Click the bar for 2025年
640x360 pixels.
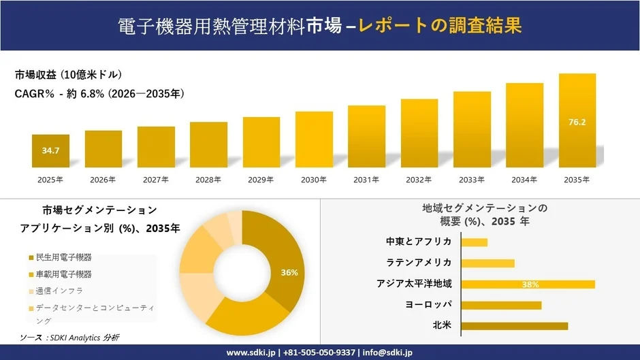[x=50, y=150]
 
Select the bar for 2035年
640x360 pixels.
[x=577, y=120]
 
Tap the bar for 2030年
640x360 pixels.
[x=314, y=140]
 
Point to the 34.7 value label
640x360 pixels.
[x=50, y=150]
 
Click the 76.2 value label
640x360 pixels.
[x=577, y=122]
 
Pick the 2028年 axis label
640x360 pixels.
[x=209, y=180]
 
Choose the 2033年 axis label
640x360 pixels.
[x=472, y=180]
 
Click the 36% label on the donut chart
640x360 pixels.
[x=289, y=272]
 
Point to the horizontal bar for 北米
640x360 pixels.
[x=514, y=326]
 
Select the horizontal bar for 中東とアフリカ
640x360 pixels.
[x=475, y=242]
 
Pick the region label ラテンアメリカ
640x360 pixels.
[x=419, y=263]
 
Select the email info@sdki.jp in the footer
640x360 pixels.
[x=385, y=353]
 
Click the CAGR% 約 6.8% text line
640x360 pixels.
[x=99, y=94]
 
